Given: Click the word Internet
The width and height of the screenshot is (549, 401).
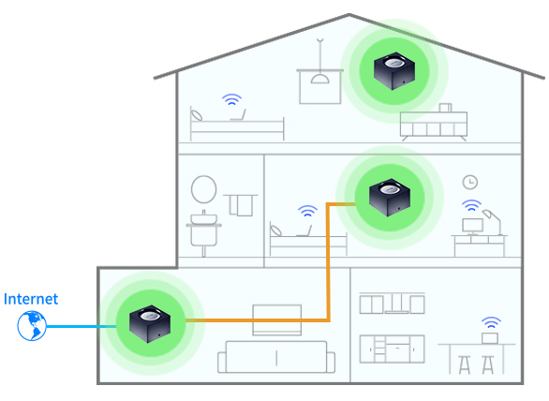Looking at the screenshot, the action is (x=31, y=299).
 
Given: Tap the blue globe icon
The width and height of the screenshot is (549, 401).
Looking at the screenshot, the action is (x=32, y=326).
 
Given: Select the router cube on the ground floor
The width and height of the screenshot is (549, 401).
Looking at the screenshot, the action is (x=150, y=324).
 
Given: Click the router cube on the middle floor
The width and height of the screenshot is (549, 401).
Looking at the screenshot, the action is (x=390, y=198).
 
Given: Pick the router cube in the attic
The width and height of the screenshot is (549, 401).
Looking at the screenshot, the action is (x=394, y=71).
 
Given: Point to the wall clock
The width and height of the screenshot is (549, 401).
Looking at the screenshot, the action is (x=470, y=182).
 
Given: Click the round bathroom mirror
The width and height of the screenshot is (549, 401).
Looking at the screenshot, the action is (x=204, y=189).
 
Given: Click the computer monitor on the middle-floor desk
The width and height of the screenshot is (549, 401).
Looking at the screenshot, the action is (x=473, y=226).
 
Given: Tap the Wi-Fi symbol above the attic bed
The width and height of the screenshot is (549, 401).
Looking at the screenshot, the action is (x=231, y=99).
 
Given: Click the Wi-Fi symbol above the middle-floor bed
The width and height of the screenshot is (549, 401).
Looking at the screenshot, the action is (x=307, y=211).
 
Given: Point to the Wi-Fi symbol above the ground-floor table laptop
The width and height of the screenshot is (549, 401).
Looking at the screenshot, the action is (x=491, y=322).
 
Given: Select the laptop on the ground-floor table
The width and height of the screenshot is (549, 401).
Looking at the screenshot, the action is (x=490, y=338).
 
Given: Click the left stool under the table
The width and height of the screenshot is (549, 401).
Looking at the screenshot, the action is (x=465, y=364).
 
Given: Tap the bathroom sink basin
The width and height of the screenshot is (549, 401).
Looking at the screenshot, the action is (x=204, y=219).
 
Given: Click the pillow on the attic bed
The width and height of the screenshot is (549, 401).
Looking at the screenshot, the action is (x=197, y=114).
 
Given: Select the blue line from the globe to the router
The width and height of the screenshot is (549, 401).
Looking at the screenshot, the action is (x=82, y=326).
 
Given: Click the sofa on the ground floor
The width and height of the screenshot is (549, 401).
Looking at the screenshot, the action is (x=276, y=357).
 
